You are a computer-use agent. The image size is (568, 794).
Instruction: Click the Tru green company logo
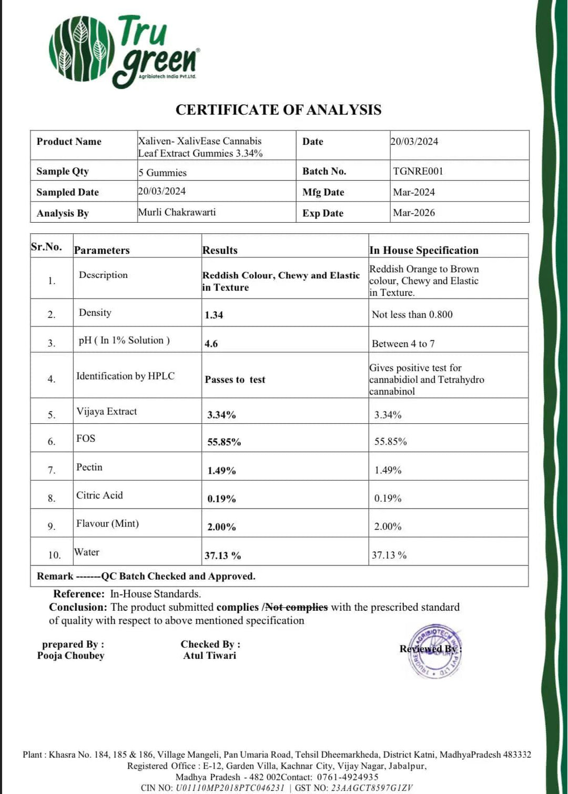tap(124, 52)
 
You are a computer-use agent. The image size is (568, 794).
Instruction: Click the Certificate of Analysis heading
tap(278, 110)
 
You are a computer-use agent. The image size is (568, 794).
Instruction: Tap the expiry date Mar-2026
tap(414, 213)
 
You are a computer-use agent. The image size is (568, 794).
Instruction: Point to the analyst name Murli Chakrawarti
tap(177, 212)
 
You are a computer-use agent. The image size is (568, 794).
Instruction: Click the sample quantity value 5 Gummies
tap(163, 173)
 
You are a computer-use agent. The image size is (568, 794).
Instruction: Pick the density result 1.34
tap(214, 315)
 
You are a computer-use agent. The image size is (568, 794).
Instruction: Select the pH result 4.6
tap(211, 344)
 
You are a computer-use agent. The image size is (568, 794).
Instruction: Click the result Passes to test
tap(235, 380)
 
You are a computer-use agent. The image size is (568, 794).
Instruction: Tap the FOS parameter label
tap(86, 438)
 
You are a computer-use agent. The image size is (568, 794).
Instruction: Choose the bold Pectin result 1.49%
tap(221, 471)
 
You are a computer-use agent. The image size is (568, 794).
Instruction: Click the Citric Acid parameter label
tap(99, 495)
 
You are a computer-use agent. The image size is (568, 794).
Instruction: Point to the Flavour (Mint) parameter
tap(107, 523)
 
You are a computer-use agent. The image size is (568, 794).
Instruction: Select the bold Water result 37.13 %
tap(222, 555)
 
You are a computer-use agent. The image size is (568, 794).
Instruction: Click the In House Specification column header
tap(424, 250)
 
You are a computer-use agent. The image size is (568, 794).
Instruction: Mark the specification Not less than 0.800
tap(412, 314)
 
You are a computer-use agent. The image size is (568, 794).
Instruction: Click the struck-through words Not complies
tap(297, 607)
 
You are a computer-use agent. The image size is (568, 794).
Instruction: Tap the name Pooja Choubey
tap(71, 656)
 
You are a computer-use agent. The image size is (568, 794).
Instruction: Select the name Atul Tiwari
tap(210, 656)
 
